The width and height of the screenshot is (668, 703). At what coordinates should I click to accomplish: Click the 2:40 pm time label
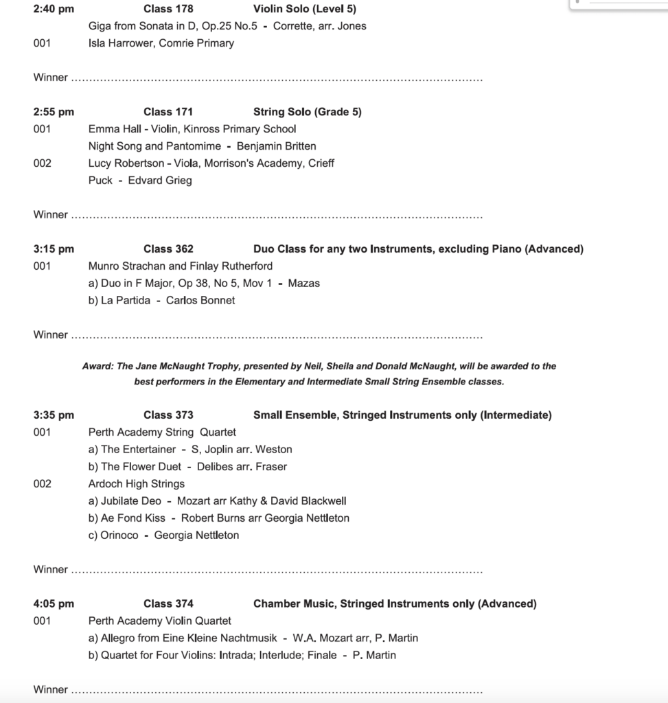[54, 9]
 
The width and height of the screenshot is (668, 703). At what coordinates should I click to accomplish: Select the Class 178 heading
[168, 9]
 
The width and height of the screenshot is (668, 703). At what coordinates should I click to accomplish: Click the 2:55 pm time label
[54, 112]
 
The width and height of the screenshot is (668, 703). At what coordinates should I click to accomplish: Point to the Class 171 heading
[168, 112]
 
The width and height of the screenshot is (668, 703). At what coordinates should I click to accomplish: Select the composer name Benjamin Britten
[276, 146]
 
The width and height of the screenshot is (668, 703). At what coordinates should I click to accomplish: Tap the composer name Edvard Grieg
[160, 181]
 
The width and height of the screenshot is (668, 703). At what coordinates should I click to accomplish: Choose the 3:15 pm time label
[54, 249]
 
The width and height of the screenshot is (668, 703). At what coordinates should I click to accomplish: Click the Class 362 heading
[168, 249]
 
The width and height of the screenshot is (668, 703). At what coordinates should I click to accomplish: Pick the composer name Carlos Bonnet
[200, 301]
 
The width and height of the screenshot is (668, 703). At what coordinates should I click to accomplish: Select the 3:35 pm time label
[54, 415]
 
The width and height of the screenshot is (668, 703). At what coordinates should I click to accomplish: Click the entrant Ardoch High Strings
[137, 484]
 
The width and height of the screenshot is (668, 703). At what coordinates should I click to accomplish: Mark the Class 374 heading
[168, 604]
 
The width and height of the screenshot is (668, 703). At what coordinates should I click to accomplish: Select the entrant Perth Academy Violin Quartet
[160, 621]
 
